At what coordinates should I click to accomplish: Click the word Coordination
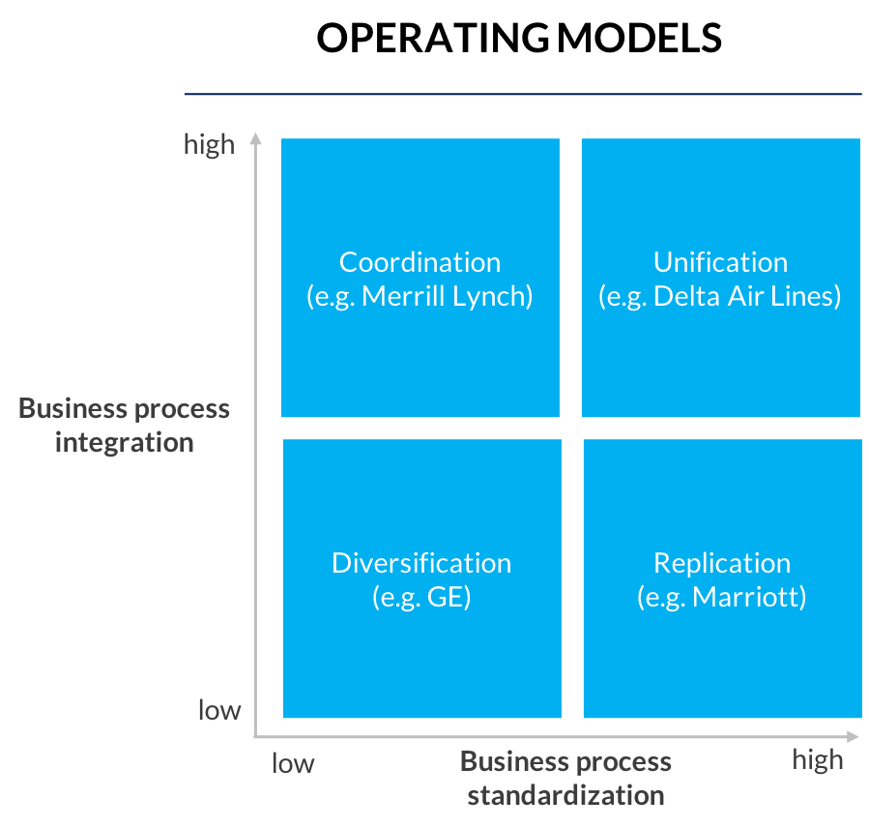tap(420, 262)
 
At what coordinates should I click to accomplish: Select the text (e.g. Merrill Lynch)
tap(420, 296)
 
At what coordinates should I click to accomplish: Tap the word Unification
tap(720, 262)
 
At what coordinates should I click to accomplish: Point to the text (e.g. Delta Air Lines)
tap(720, 296)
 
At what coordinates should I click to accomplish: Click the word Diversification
tap(421, 563)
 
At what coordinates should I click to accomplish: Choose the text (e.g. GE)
tap(421, 597)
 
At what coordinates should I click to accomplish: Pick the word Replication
tap(721, 563)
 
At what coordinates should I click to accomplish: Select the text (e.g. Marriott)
tap(721, 597)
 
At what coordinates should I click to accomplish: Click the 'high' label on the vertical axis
tap(209, 144)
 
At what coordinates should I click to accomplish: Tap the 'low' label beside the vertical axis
tap(219, 710)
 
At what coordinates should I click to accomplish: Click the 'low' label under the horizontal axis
tap(293, 763)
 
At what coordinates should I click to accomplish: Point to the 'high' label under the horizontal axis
tap(818, 759)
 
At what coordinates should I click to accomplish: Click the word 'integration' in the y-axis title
tap(125, 442)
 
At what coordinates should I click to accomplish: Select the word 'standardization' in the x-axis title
tap(565, 795)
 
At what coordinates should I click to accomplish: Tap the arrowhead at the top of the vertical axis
tap(255, 137)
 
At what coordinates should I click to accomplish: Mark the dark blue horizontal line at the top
tap(522, 94)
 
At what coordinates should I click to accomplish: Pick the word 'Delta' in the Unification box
tap(681, 296)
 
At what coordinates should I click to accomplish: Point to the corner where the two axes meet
tap(255, 736)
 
